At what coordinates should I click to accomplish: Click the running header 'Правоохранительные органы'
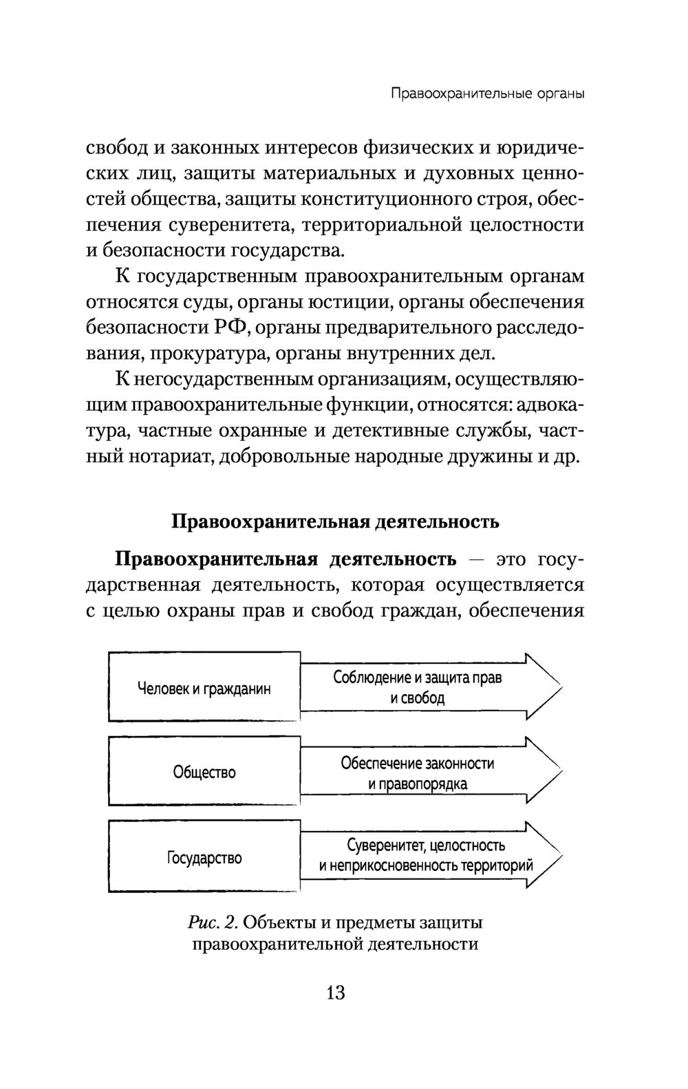point(487,94)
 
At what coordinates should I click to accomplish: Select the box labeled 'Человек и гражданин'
point(204,688)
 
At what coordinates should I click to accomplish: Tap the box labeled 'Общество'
point(204,772)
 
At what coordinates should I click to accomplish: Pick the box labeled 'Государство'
point(204,858)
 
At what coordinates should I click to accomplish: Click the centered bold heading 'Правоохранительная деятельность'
point(335,521)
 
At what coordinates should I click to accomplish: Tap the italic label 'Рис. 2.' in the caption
point(212,921)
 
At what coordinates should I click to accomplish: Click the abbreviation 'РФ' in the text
point(228,328)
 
